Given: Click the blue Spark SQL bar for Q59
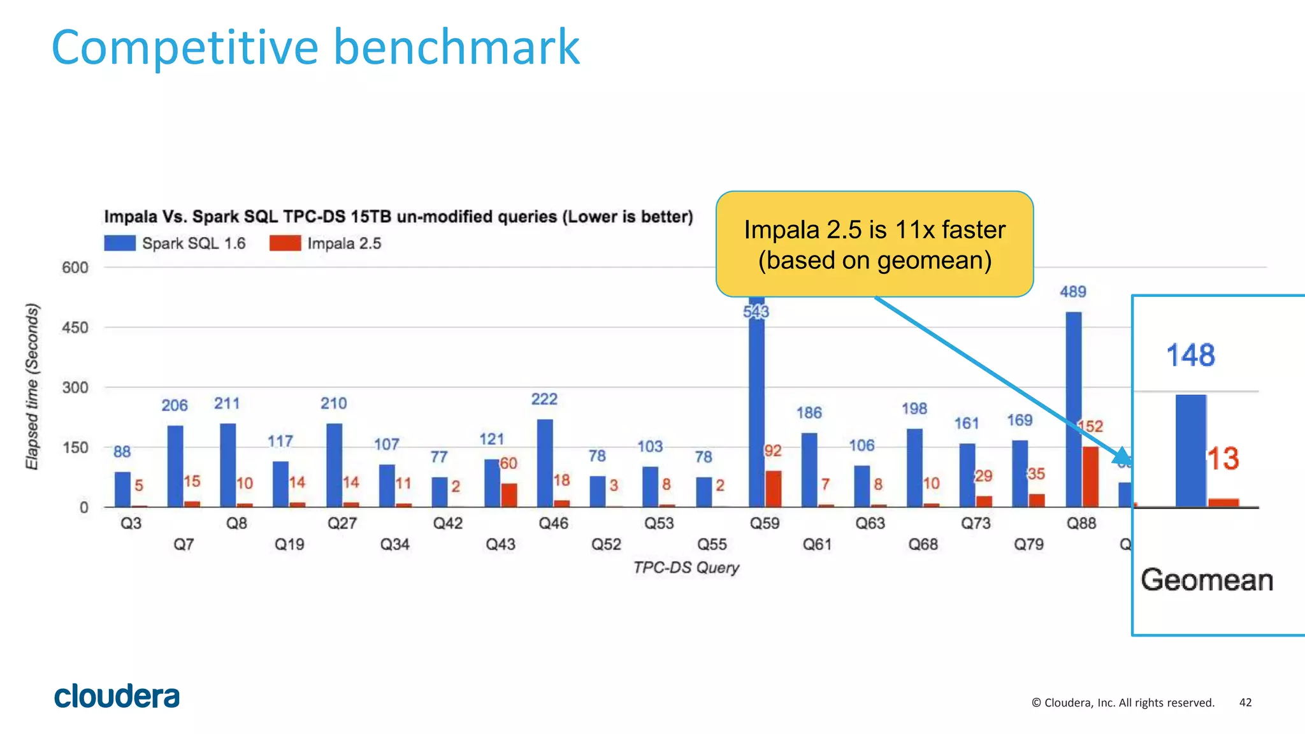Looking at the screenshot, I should pyautogui.click(x=756, y=408).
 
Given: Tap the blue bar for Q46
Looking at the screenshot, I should pyautogui.click(x=545, y=463).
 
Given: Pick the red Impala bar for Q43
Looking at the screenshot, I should pyautogui.click(x=509, y=495).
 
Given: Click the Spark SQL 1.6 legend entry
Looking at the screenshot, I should pyautogui.click(x=175, y=243).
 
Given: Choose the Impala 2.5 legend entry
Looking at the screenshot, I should pyautogui.click(x=326, y=243).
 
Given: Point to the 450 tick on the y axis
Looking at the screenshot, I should pyautogui.click(x=75, y=327).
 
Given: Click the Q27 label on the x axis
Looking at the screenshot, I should pyautogui.click(x=342, y=524).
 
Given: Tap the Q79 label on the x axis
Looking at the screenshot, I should pyautogui.click(x=1028, y=545).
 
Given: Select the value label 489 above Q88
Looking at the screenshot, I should pyautogui.click(x=1073, y=292).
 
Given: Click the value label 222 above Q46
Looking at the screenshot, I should pyautogui.click(x=544, y=399).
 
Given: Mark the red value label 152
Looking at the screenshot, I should pyautogui.click(x=1090, y=426).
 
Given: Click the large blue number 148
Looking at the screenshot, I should pyautogui.click(x=1190, y=355).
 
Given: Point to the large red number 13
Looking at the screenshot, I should pyautogui.click(x=1223, y=459).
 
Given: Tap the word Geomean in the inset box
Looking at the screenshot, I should pyautogui.click(x=1207, y=580).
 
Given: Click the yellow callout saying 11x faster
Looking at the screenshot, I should pyautogui.click(x=874, y=245).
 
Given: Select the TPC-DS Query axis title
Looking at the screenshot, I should pyautogui.click(x=686, y=568).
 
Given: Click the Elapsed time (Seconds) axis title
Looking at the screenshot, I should pyautogui.click(x=32, y=387).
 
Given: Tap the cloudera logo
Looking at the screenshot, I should pyautogui.click(x=117, y=696).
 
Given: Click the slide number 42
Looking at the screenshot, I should pyautogui.click(x=1245, y=703).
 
